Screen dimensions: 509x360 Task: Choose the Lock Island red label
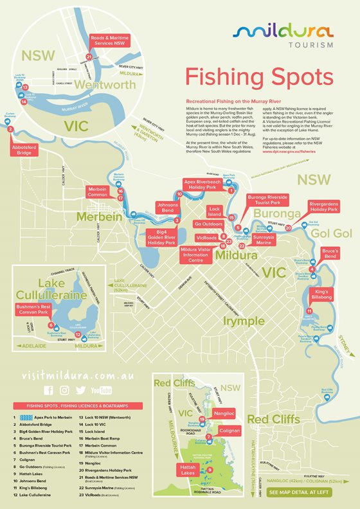[215, 211]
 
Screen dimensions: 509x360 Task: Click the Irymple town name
[242, 320]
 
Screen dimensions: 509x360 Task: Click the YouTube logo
[102, 390]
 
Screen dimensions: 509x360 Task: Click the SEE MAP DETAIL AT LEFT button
[300, 492]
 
